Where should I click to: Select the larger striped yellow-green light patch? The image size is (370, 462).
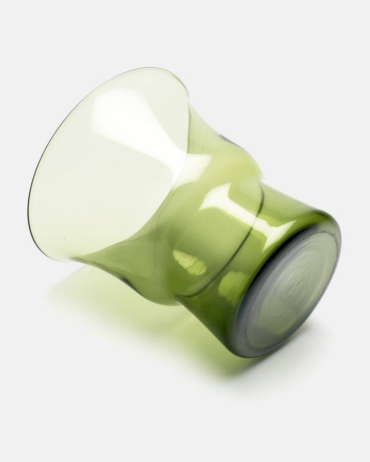point(190,262)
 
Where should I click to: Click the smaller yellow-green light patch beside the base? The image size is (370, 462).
point(231,285)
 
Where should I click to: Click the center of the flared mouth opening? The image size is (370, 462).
point(108,164)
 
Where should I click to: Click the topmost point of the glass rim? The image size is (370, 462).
point(149,68)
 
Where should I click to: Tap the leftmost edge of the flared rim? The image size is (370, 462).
point(29,205)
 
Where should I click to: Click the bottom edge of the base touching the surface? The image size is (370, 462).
point(247,355)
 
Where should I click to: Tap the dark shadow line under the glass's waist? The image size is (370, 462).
point(128,282)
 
